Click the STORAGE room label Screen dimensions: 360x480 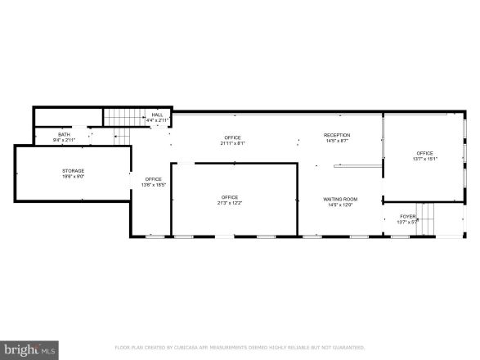click(73, 170)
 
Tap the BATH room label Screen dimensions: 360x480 click(64, 134)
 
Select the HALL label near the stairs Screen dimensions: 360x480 click(156, 115)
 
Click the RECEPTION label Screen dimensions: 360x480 click(337, 135)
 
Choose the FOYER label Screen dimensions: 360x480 click(407, 216)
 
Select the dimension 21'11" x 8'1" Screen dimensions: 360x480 click(232, 143)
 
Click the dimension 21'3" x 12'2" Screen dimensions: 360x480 click(229, 204)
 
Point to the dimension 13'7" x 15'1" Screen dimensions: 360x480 click(424, 159)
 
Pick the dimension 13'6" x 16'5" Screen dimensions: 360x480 click(154, 185)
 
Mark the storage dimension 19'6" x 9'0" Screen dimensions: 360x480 click(73, 177)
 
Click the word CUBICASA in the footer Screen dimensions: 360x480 click(193, 347)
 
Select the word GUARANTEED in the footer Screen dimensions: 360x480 click(344, 347)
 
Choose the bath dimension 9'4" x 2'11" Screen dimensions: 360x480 click(64, 140)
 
